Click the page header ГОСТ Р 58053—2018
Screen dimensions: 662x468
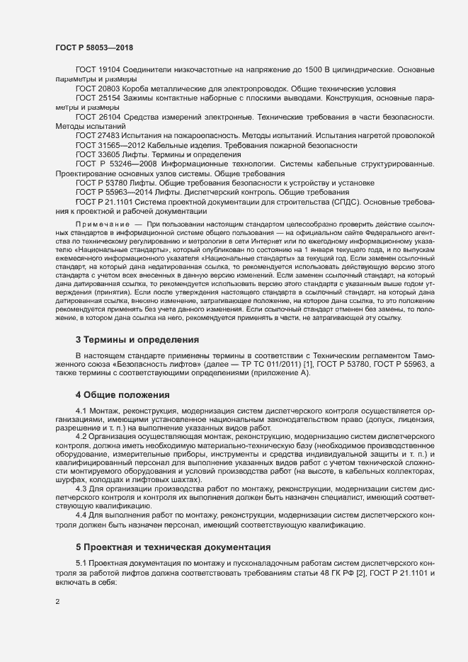point(93,47)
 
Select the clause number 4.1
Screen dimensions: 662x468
point(81,411)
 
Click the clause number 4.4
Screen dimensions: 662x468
point(81,515)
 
